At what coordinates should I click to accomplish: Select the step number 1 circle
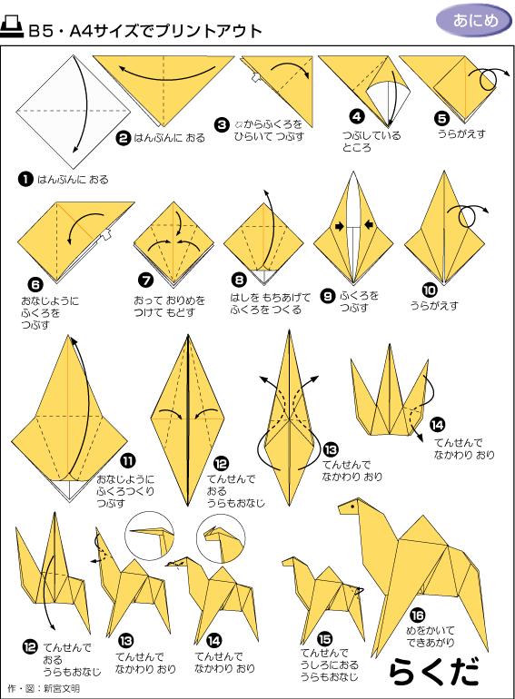pos(25,179)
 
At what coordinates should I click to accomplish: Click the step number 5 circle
pos(441,117)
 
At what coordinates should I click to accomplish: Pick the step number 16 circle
pos(417,613)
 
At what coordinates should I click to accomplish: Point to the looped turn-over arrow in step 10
pos(470,215)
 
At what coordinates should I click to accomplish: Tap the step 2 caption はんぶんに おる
pos(169,138)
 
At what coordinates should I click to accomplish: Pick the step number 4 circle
pos(357,115)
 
